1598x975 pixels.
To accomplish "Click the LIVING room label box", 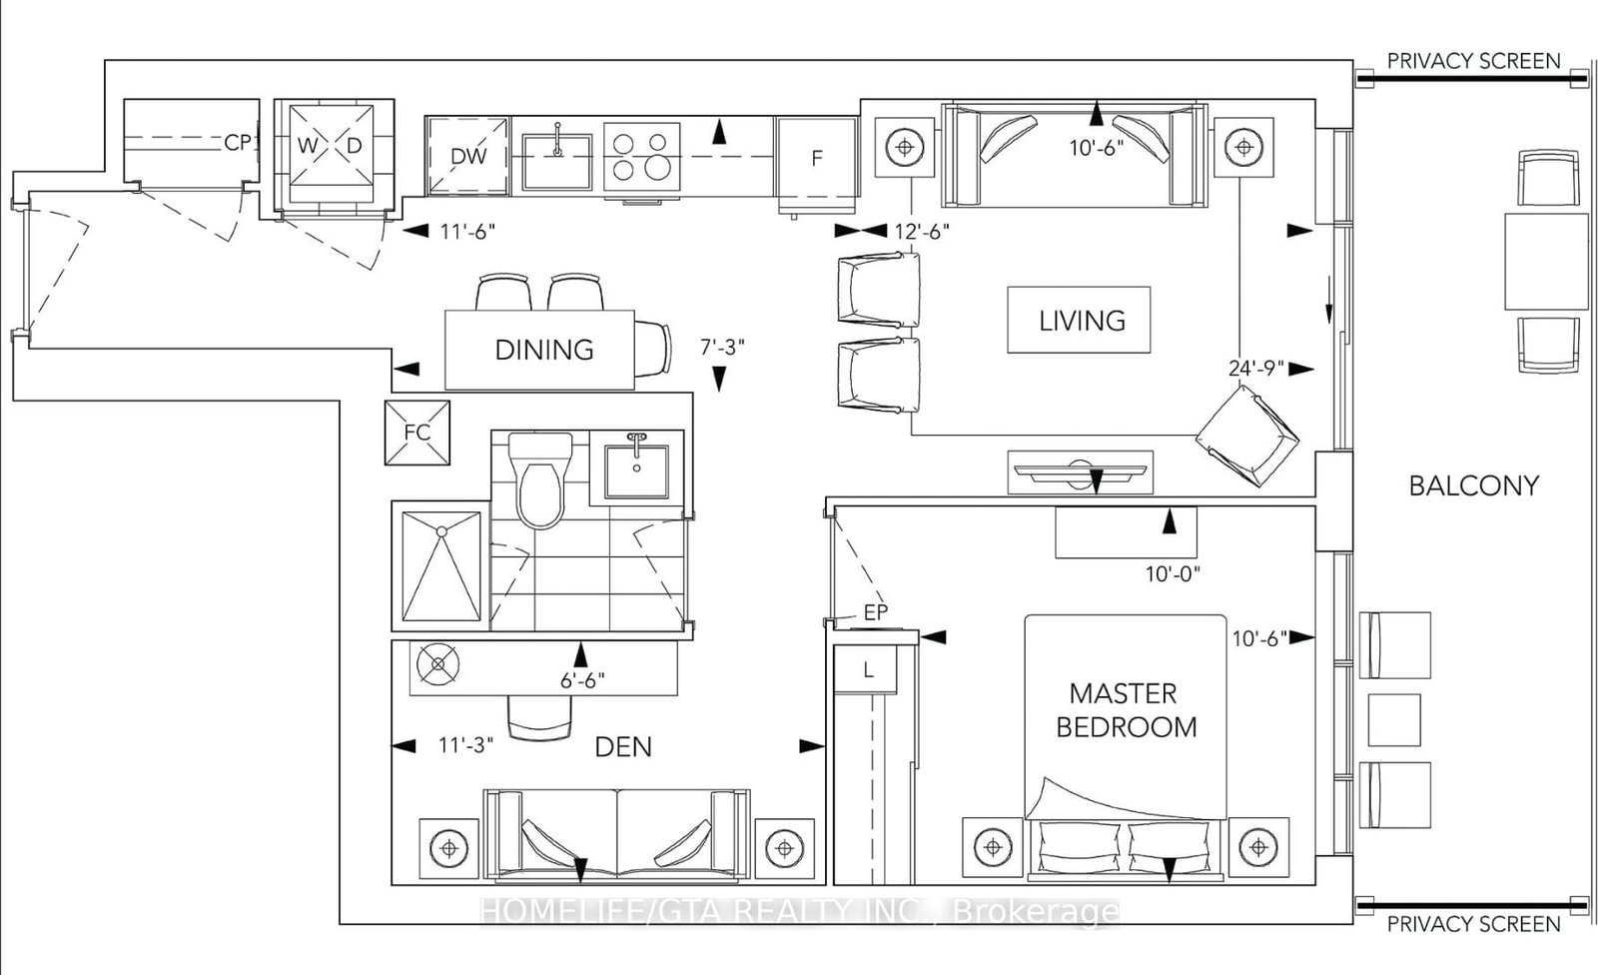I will point(1079,320).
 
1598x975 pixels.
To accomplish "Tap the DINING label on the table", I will point(544,350).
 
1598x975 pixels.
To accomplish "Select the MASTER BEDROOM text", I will point(1126,710).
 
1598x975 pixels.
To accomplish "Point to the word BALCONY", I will point(1473,486).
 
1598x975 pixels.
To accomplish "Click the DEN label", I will point(623,746).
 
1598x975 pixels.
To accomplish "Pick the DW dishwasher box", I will point(467,156).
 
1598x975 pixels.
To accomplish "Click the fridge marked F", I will point(816,158).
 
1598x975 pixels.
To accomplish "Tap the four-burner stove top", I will point(641,156).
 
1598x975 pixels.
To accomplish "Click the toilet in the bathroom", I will point(540,480).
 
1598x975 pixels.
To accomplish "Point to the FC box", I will point(417,433).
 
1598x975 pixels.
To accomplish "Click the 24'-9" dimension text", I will point(1255,368).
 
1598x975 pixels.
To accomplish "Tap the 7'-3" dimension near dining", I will point(721,348).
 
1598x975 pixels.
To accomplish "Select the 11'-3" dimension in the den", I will point(466,745).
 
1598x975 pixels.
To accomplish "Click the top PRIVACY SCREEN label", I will point(1473,61).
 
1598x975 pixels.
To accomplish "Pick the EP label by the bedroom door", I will point(875,613).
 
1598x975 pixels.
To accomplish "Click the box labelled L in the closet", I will point(867,670).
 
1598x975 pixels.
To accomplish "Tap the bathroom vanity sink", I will point(636,468).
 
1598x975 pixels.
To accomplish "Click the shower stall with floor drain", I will point(440,566).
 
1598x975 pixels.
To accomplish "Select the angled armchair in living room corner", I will point(1247,436).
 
